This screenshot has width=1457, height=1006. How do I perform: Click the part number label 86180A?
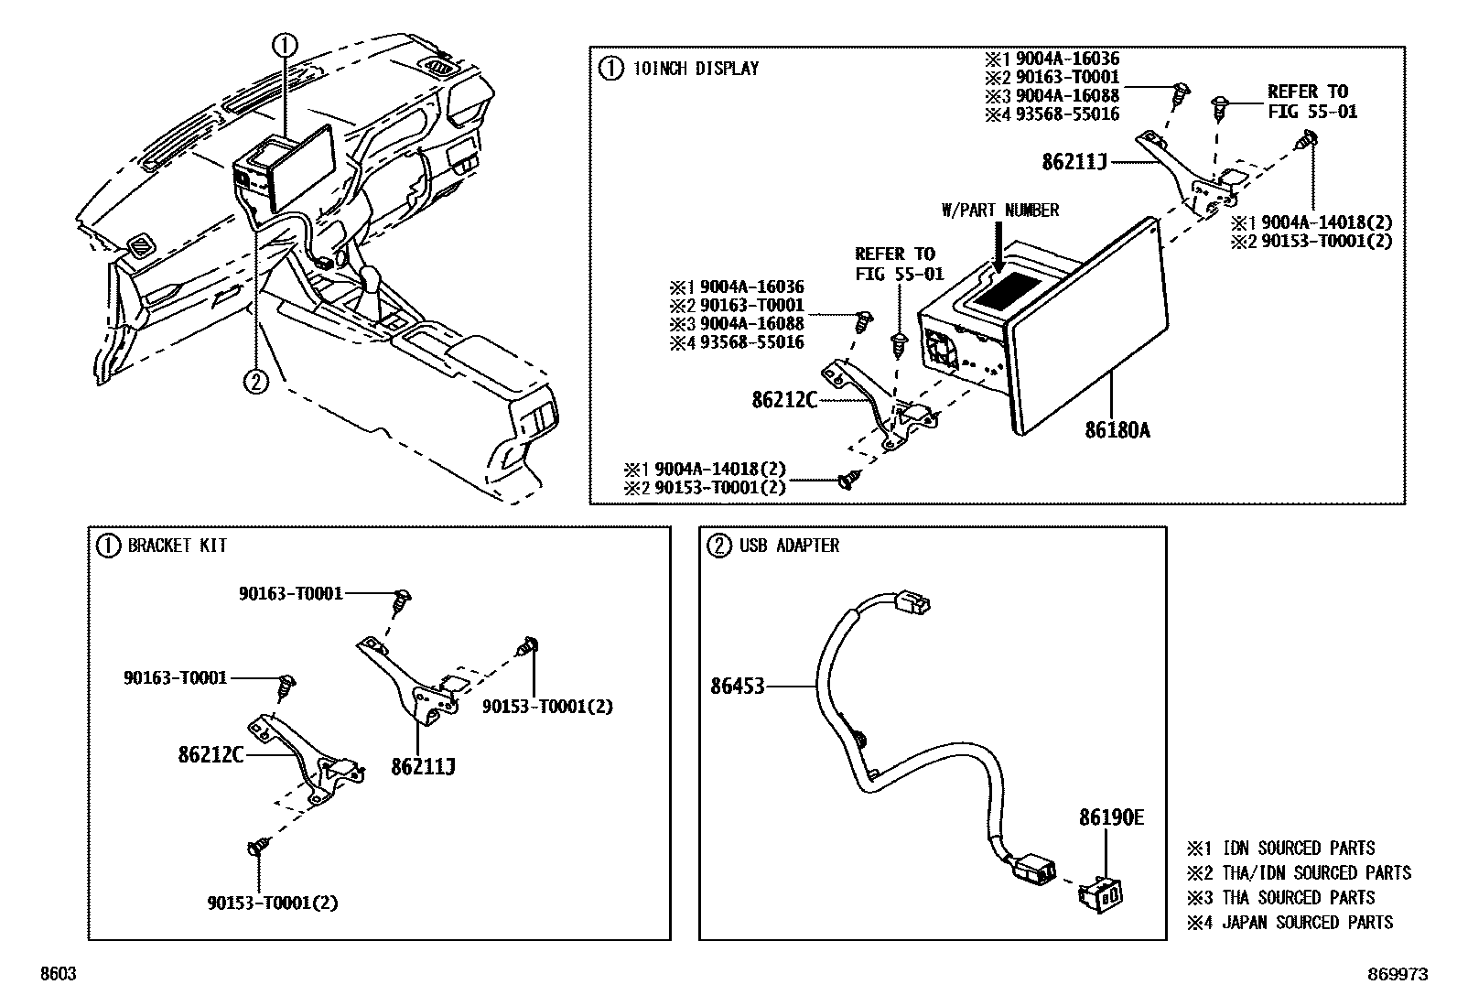pyautogui.click(x=1117, y=429)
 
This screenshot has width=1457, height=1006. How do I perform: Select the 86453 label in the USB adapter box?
pyautogui.click(x=737, y=686)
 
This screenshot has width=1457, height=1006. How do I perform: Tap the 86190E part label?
pyautogui.click(x=1111, y=817)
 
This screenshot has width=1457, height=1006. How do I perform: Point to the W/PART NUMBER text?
pyautogui.click(x=1000, y=211)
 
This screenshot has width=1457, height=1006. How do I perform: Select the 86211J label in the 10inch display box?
pyautogui.click(x=1074, y=162)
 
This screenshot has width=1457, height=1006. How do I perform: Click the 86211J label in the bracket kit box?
pyautogui.click(x=423, y=766)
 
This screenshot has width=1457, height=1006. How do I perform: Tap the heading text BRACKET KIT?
pyautogui.click(x=178, y=546)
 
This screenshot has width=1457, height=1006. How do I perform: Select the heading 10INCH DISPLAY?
pyautogui.click(x=696, y=68)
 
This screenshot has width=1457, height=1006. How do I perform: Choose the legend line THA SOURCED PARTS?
pyautogui.click(x=1298, y=898)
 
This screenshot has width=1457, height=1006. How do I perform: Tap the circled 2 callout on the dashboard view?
pyautogui.click(x=255, y=380)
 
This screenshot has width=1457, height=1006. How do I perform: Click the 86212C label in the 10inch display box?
pyautogui.click(x=784, y=400)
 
